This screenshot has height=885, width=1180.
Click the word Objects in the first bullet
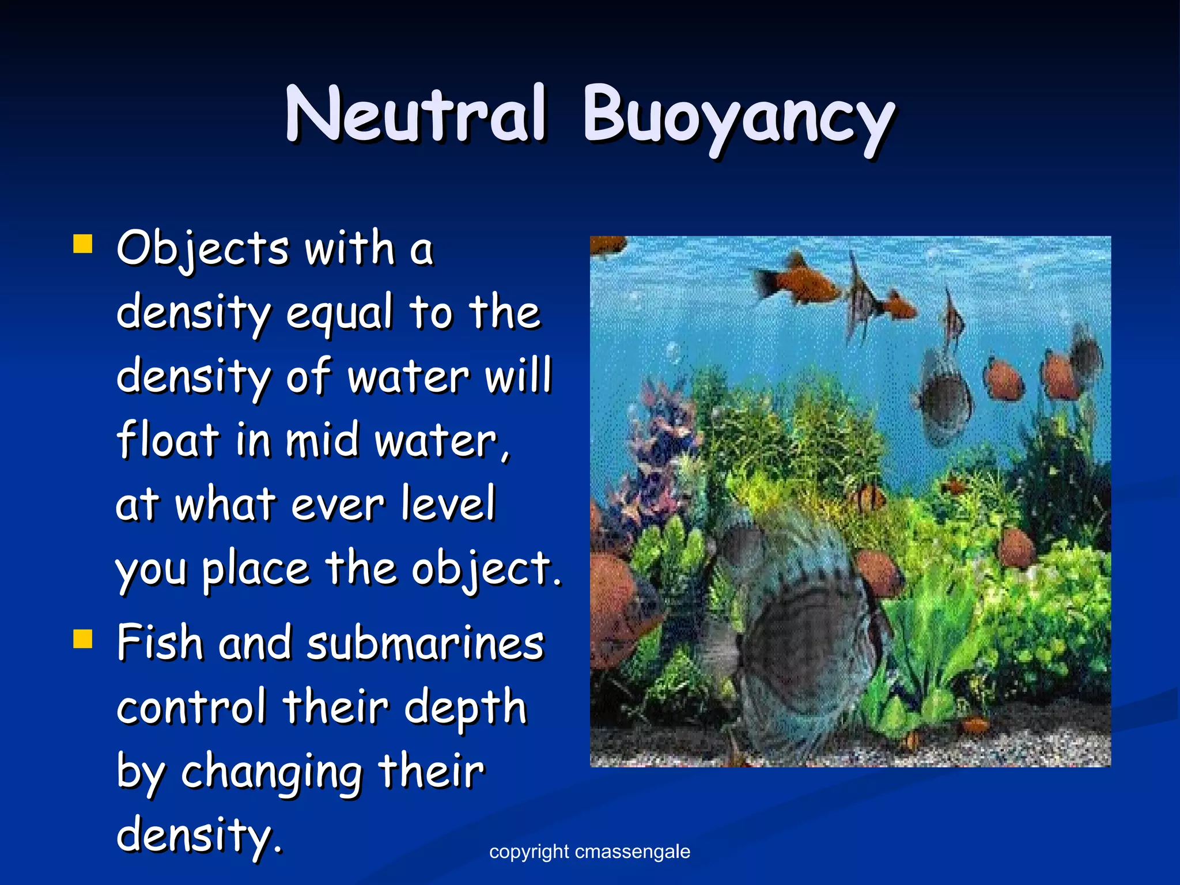202,249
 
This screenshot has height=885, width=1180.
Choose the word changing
271,772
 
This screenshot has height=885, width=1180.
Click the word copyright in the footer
529,852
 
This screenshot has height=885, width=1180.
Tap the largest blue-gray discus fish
807,628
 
